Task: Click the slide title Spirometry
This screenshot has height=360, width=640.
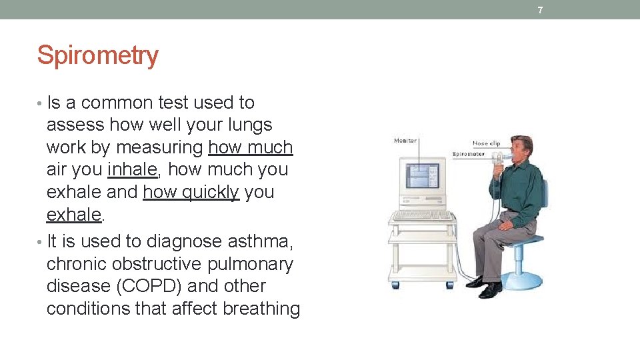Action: coord(97,55)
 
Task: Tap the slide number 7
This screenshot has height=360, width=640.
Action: coord(540,10)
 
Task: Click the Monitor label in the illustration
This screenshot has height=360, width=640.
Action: coord(405,141)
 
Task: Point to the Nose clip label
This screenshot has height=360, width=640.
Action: coord(486,143)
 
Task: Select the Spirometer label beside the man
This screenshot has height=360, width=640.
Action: coord(469,154)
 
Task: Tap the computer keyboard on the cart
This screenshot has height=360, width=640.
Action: coord(423,216)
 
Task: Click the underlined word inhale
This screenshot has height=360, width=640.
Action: coord(132,170)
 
